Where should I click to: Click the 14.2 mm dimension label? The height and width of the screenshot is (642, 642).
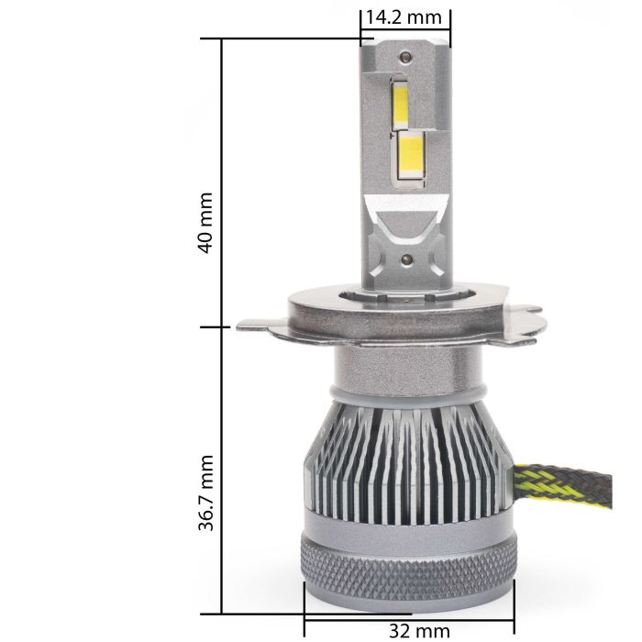pyautogui.click(x=404, y=17)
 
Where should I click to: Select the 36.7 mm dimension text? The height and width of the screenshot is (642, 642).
pyautogui.click(x=205, y=493)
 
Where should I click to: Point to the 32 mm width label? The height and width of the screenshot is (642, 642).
pyautogui.click(x=419, y=631)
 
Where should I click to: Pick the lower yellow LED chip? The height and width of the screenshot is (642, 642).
pyautogui.click(x=411, y=158)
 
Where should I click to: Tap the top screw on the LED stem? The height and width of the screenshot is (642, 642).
pyautogui.click(x=405, y=57)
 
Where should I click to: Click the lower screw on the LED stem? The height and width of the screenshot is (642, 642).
pyautogui.click(x=406, y=259)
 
